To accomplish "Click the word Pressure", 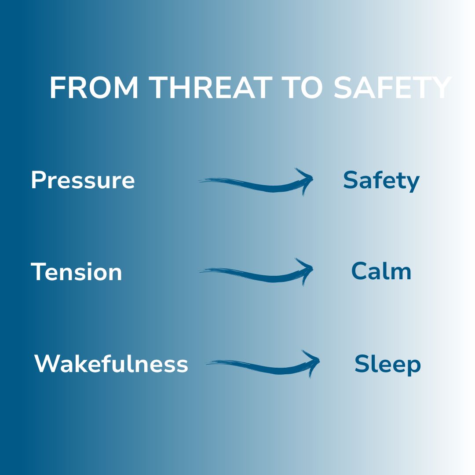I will (x=83, y=180).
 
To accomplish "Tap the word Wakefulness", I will (x=111, y=364).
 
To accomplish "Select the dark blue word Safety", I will (x=381, y=181).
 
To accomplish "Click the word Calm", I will (x=381, y=271).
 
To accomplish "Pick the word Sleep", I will (x=387, y=364).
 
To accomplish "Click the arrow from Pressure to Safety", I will (x=255, y=184).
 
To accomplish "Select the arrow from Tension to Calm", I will (x=255, y=274).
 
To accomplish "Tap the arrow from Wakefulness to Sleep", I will (x=262, y=366).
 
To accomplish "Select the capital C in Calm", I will (x=359, y=271).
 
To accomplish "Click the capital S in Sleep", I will (x=362, y=364).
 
